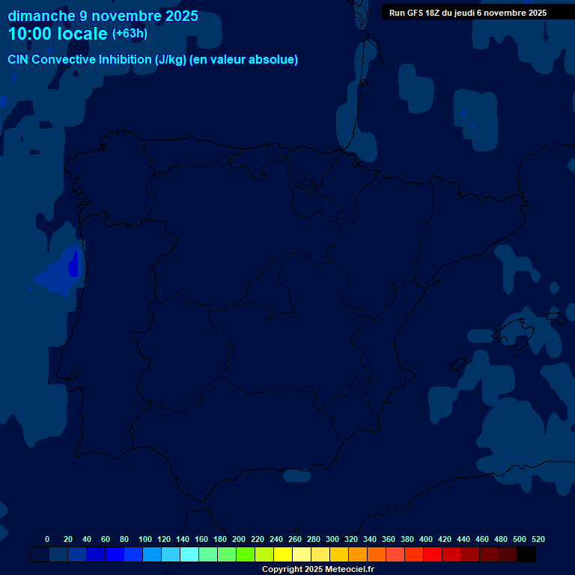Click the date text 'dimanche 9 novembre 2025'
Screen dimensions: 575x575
[x=103, y=16]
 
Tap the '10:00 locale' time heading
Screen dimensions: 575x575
[x=58, y=34]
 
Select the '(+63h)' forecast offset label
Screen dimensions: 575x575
[x=130, y=34]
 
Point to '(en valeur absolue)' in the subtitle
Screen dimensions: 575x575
[x=244, y=60]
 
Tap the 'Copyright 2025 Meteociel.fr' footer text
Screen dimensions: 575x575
[x=317, y=570]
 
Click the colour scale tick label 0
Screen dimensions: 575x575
[x=47, y=539]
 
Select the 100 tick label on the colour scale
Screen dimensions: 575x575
[x=145, y=539]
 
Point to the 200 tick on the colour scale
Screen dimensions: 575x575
[x=239, y=539]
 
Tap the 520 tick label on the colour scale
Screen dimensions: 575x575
[x=538, y=539]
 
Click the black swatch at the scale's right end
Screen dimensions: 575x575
[x=526, y=555]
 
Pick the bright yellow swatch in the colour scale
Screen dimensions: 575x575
[x=283, y=555]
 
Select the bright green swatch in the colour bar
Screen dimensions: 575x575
[x=246, y=555]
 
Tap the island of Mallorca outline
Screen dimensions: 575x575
[x=517, y=330]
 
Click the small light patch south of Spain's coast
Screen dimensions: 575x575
[x=297, y=475]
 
